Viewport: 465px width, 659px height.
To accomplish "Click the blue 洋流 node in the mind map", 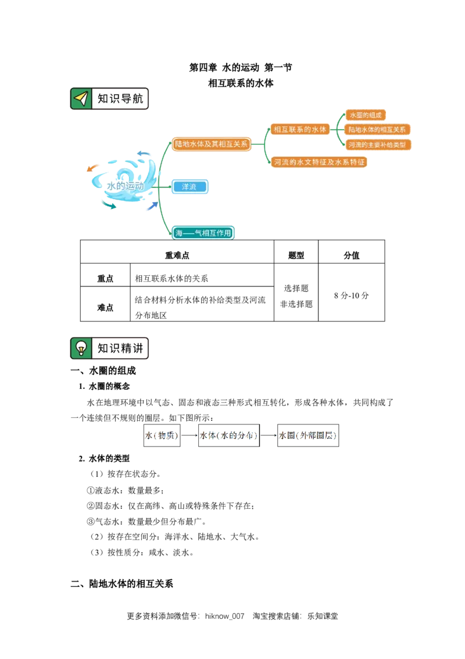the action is tap(189, 187).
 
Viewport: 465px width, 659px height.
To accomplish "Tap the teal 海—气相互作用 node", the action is tap(203, 233).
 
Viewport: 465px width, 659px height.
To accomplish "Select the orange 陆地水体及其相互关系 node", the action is tap(211, 144).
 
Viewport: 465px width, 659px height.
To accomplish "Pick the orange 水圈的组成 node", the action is tap(366, 115).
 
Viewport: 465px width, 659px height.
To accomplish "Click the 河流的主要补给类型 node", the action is tap(377, 144).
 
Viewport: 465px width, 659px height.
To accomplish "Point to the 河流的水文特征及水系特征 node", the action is tap(319, 162).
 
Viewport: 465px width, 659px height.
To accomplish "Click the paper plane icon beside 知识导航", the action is tap(81, 99).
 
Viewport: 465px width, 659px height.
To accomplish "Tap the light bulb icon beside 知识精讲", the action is tap(81, 348).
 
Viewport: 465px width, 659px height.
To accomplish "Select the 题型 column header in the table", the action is tap(296, 255).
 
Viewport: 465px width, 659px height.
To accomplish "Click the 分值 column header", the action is tap(351, 255).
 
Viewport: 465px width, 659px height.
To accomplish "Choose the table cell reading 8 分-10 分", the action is tap(351, 296).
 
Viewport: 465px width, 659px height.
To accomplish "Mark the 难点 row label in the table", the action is tap(105, 307).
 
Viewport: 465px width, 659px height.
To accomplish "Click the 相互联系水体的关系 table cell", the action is tap(171, 278).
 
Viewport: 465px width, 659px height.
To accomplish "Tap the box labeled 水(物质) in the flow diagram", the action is tap(162, 435).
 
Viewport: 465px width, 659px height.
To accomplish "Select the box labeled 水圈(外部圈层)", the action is tap(308, 435).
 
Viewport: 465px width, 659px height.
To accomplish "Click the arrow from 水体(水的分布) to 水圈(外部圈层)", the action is tap(269, 435).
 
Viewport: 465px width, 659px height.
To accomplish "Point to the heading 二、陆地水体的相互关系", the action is tap(121, 583).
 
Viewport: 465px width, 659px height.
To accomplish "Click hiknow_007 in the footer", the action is tap(224, 616).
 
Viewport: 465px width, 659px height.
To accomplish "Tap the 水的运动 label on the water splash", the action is tap(125, 185).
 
